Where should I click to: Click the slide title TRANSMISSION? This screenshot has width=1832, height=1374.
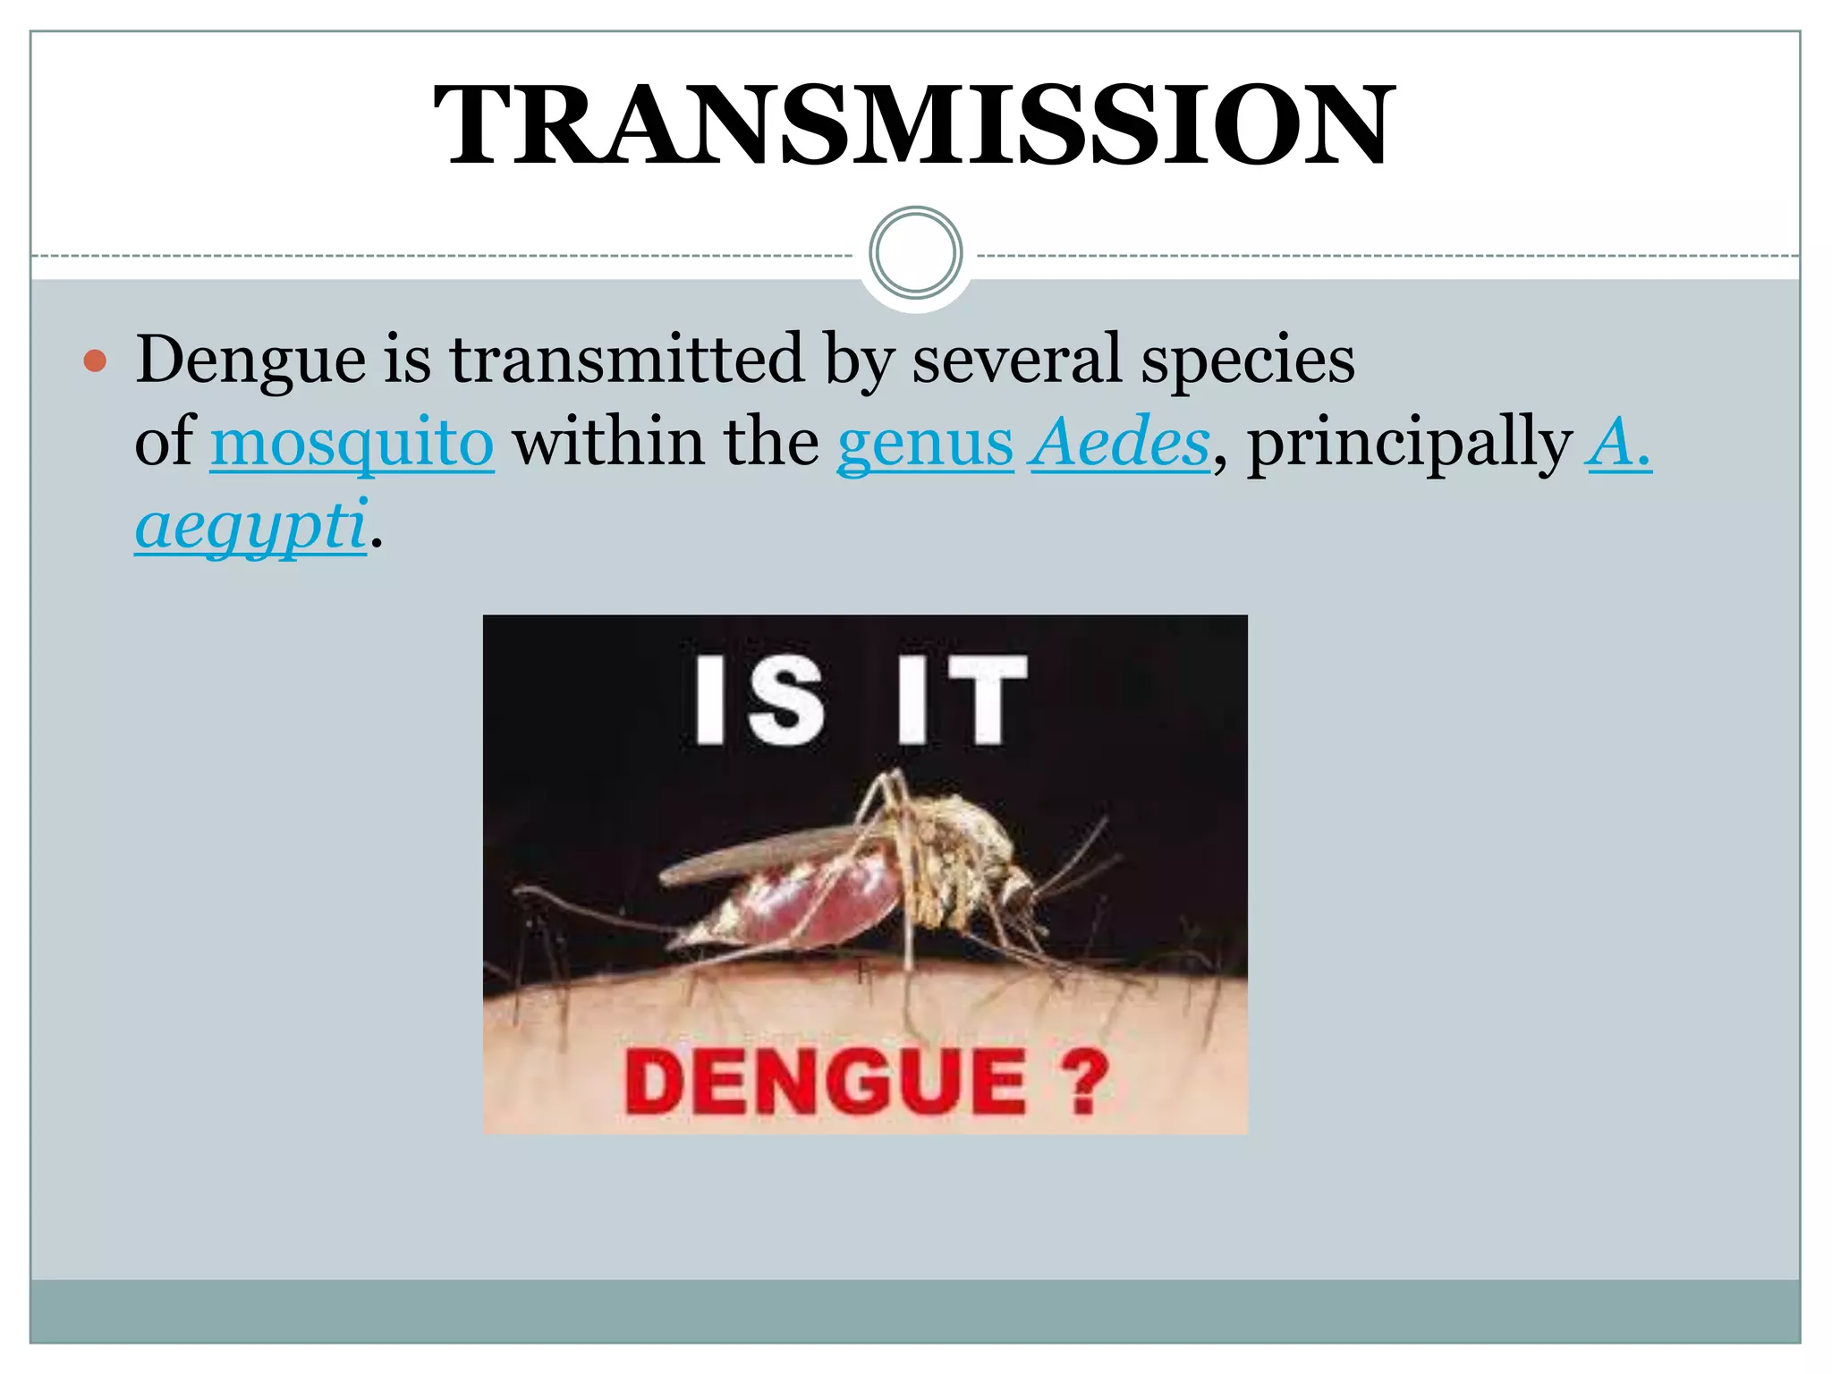point(913,125)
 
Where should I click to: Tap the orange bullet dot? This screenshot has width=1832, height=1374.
point(95,362)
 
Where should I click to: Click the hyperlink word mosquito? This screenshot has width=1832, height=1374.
point(352,442)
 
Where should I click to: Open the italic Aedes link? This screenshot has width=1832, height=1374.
point(1120,442)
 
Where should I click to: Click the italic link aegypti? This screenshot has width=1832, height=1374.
point(250,526)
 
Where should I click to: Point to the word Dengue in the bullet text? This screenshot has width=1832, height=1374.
point(250,360)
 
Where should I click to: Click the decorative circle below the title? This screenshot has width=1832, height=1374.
point(915,252)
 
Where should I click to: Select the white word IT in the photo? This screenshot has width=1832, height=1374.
point(962,700)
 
